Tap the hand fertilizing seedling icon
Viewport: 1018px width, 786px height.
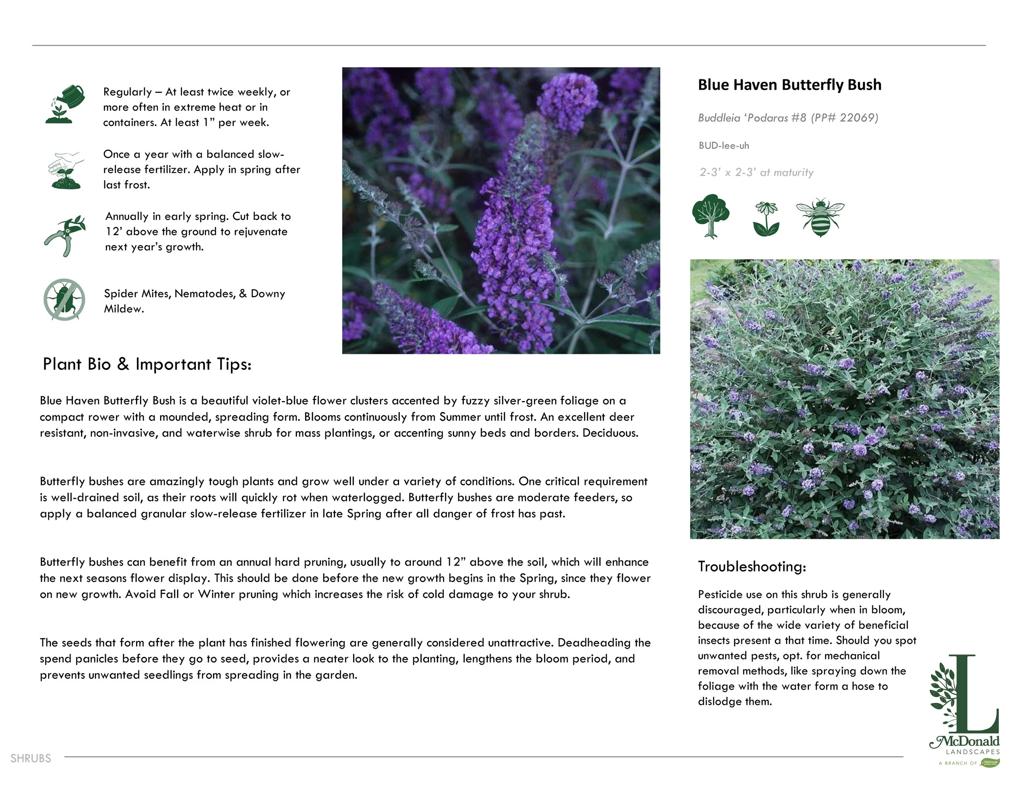pyautogui.click(x=66, y=170)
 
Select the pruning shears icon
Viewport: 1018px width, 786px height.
pyautogui.click(x=65, y=235)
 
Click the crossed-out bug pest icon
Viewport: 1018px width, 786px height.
pyautogui.click(x=64, y=300)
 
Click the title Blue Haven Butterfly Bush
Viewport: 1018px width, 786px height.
pyautogui.click(x=790, y=85)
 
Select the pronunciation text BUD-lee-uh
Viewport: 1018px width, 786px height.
pyautogui.click(x=724, y=145)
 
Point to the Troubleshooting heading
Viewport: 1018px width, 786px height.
pyautogui.click(x=751, y=566)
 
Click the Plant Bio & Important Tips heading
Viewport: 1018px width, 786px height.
pyautogui.click(x=147, y=364)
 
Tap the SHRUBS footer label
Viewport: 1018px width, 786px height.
pyautogui.click(x=31, y=758)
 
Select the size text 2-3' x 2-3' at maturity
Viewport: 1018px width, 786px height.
pyautogui.click(x=756, y=173)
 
